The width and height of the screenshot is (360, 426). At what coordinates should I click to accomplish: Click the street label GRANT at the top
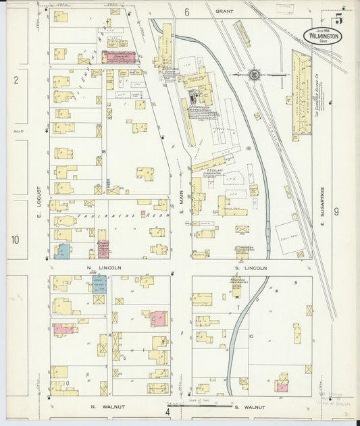tap(224, 11)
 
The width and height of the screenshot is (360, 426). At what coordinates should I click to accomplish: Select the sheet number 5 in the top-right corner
tap(338, 18)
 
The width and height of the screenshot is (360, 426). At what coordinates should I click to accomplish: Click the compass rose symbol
tap(255, 74)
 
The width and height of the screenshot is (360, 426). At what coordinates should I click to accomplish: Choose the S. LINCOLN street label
tap(251, 268)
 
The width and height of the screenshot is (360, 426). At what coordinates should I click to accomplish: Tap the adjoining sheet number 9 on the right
tap(336, 212)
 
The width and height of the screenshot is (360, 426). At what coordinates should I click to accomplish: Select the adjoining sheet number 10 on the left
tap(15, 239)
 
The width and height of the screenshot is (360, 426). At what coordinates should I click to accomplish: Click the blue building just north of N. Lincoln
tap(62, 252)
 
